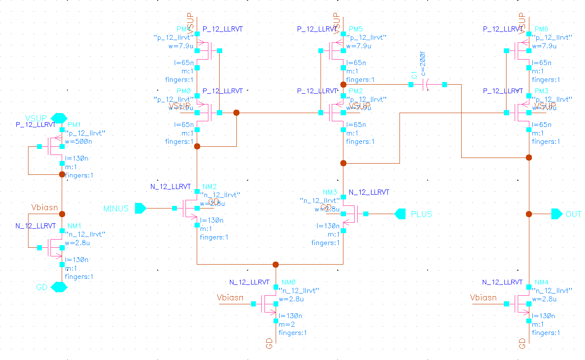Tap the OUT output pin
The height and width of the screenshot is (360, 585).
pyautogui.click(x=557, y=214)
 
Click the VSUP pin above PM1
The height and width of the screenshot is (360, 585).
pyautogui.click(x=59, y=118)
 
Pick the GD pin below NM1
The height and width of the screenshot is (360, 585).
pyautogui.click(x=59, y=287)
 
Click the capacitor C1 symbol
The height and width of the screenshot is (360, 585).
pyautogui.click(x=425, y=85)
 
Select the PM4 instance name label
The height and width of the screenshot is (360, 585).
pyautogui.click(x=183, y=29)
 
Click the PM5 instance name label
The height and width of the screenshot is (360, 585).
pyautogui.click(x=355, y=29)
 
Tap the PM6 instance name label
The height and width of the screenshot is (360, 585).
pyautogui.click(x=541, y=29)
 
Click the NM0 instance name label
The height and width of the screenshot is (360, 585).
pyautogui.click(x=288, y=282)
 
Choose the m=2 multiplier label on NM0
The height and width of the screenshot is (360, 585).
pyautogui.click(x=287, y=324)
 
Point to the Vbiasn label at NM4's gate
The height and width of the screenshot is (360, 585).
pyautogui.click(x=483, y=298)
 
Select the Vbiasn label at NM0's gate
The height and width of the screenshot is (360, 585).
pyautogui.click(x=230, y=297)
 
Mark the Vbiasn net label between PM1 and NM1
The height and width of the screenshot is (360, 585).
pyautogui.click(x=44, y=208)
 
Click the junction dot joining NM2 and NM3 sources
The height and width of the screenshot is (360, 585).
pyautogui.click(x=276, y=265)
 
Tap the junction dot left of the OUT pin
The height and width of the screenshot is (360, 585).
pyautogui.click(x=529, y=214)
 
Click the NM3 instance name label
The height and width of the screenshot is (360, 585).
pyautogui.click(x=330, y=192)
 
